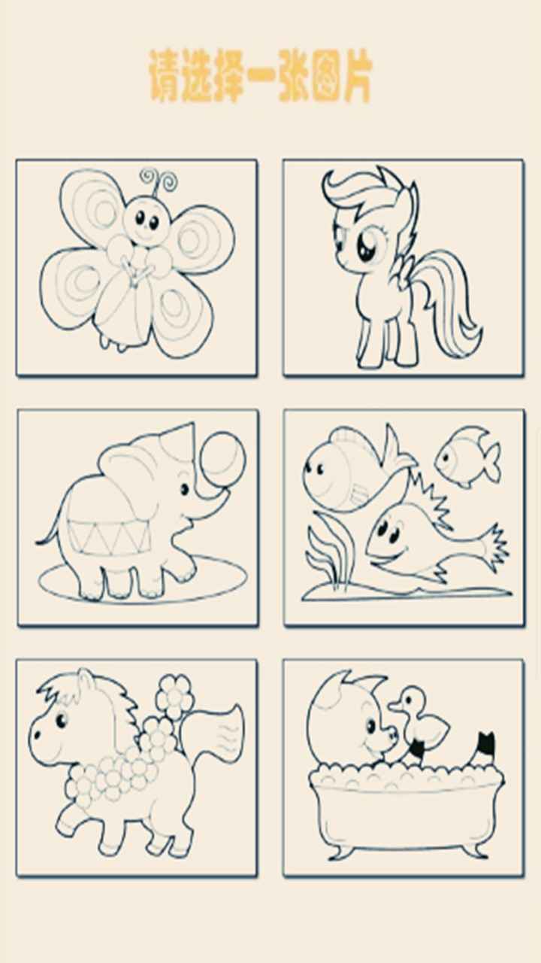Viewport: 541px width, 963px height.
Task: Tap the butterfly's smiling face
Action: (147, 221)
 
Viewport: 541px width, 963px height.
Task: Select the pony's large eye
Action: (366, 245)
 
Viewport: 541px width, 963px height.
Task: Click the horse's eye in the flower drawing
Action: (61, 721)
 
